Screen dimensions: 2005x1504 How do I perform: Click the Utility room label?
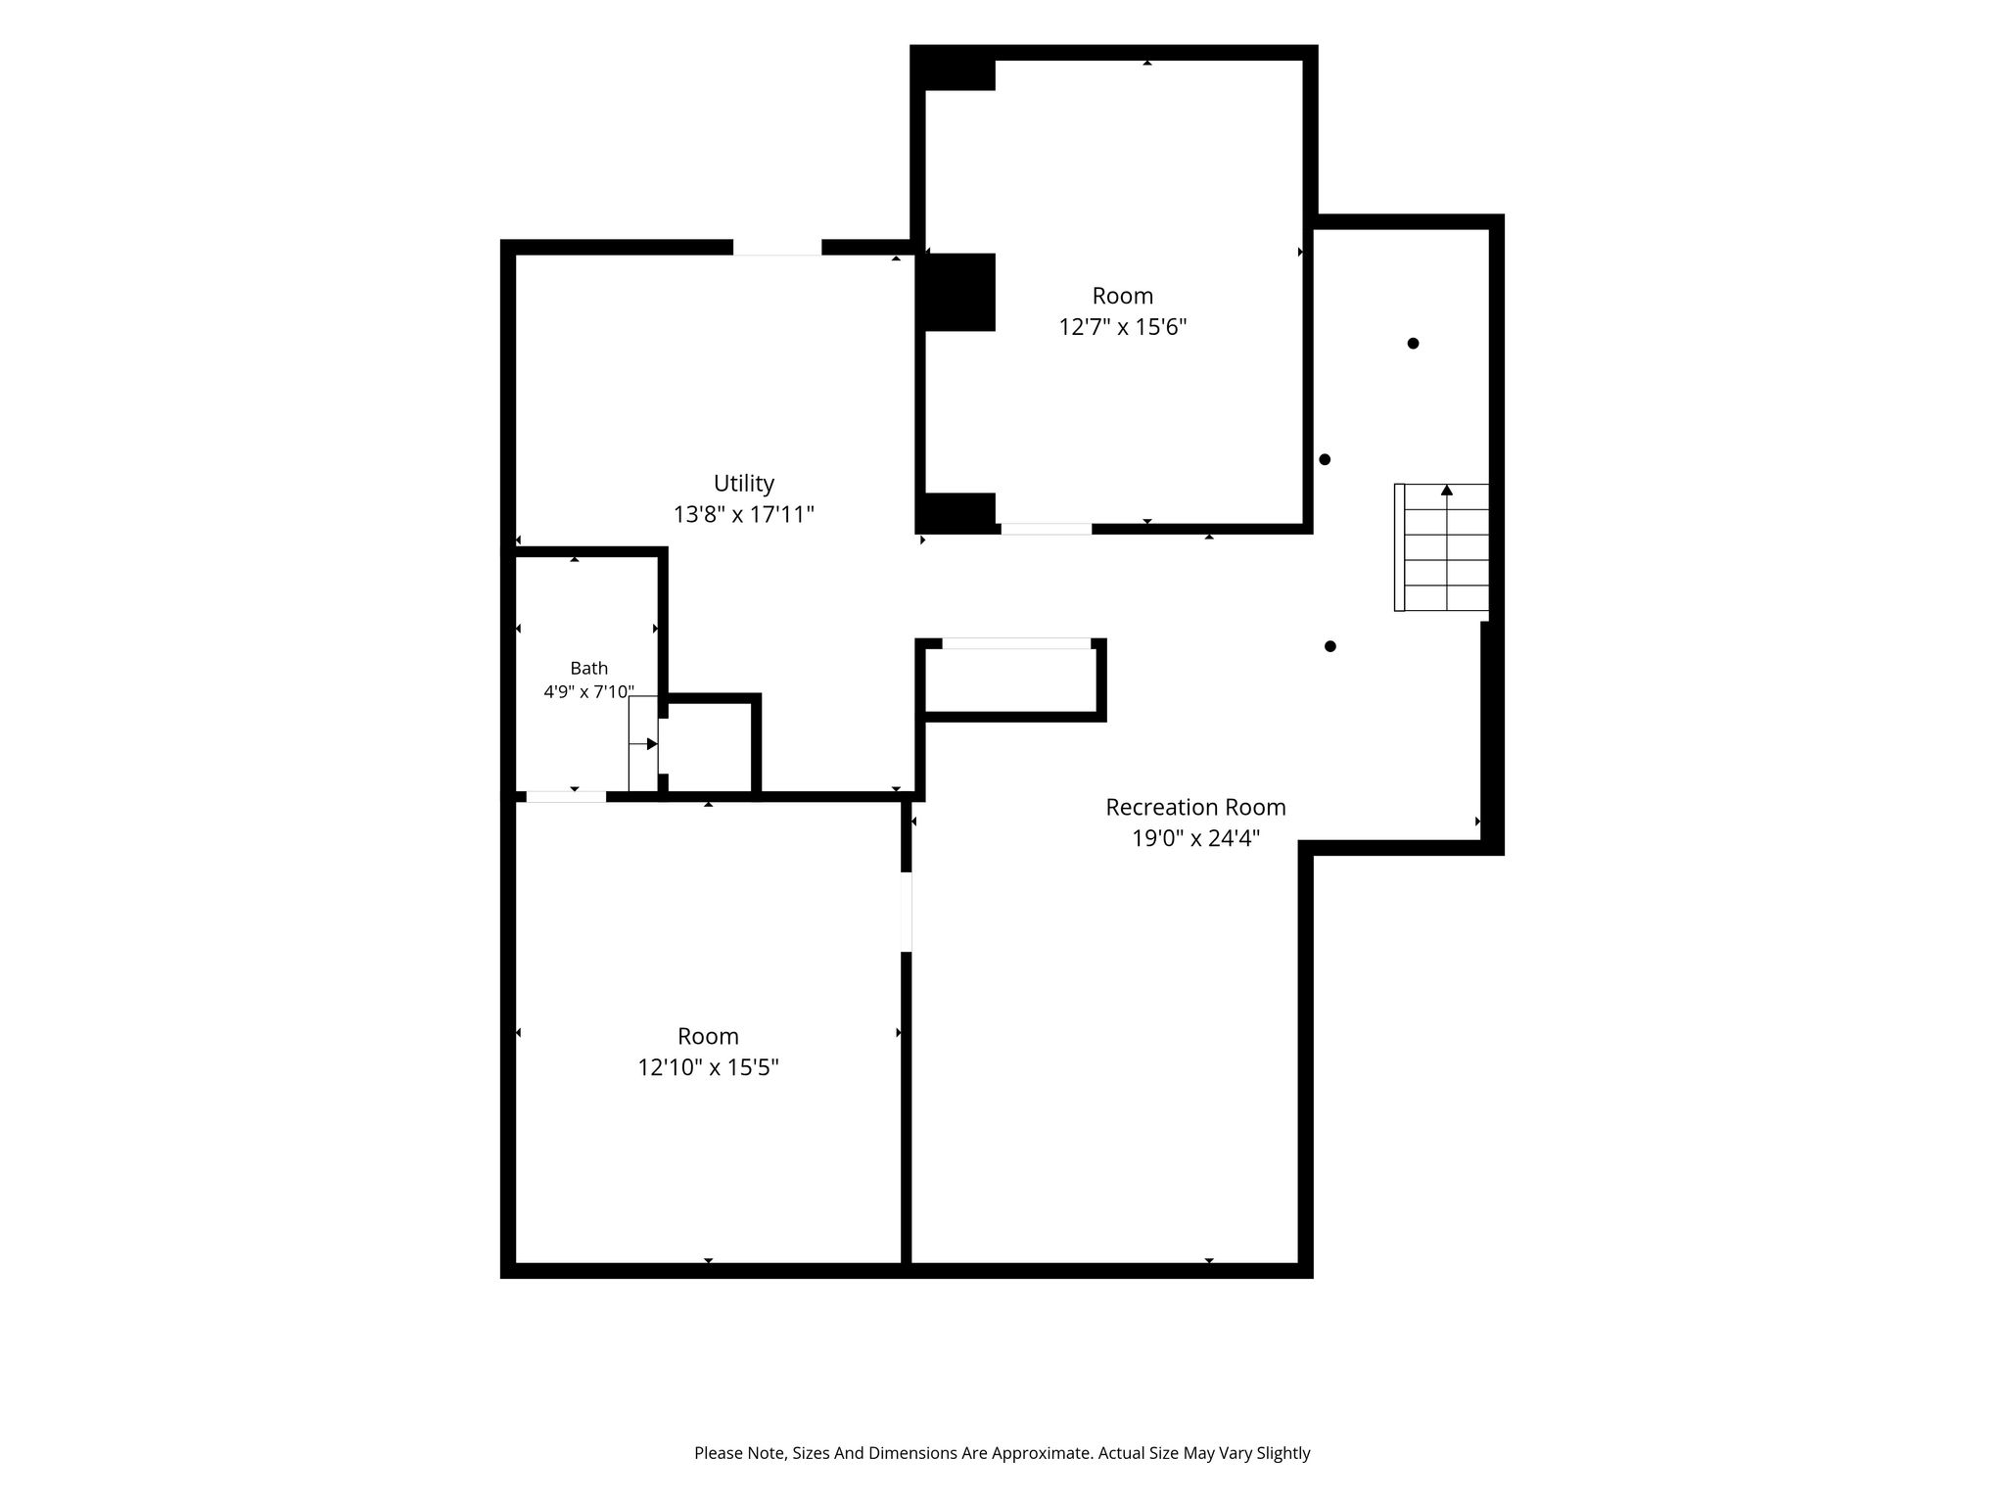pos(744,483)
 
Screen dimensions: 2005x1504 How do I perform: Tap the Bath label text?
pos(589,668)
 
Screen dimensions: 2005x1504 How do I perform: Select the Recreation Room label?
pos(1195,807)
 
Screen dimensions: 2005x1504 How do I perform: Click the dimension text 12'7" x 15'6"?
pos(1123,326)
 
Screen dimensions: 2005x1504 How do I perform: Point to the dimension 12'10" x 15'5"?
pos(708,1066)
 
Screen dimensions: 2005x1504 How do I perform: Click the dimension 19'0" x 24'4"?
pos(1195,838)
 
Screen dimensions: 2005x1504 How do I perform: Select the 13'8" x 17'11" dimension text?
pos(744,514)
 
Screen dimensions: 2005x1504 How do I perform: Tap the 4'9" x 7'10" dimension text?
pos(589,692)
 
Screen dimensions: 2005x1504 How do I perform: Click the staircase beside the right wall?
pos(1442,547)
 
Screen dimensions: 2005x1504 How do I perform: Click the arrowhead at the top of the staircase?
pos(1447,490)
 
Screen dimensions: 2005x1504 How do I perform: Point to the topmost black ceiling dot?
pos(1413,344)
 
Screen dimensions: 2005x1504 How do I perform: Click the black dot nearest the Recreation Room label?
pos(1330,646)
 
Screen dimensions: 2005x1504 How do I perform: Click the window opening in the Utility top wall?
pos(777,247)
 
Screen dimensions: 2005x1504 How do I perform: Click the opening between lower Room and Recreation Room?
pos(907,912)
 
